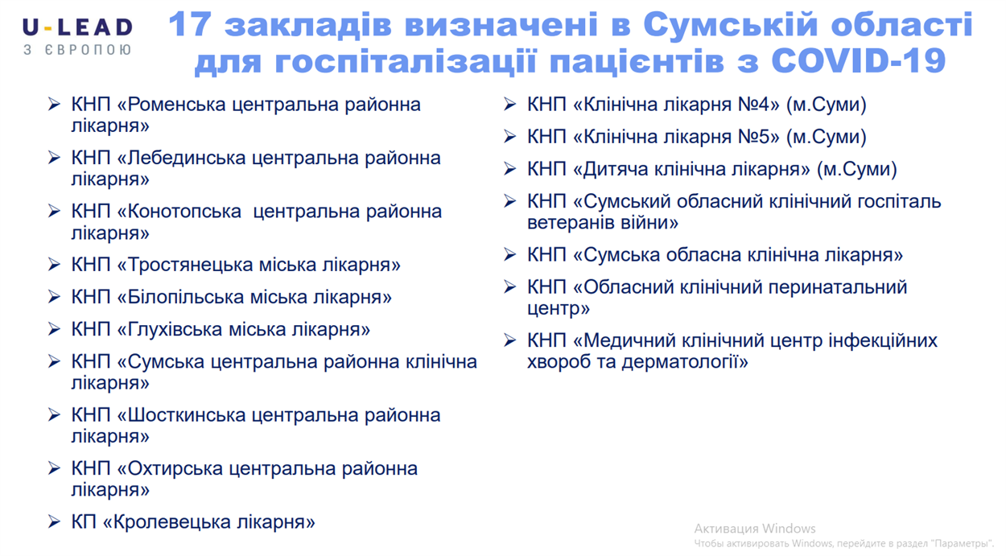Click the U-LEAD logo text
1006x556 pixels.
[x=78, y=28]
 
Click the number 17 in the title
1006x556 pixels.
[x=189, y=24]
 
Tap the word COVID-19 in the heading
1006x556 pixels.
[x=858, y=60]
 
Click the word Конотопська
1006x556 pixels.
[x=184, y=212]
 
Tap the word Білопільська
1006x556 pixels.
[x=185, y=297]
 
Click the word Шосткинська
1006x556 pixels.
[x=187, y=415]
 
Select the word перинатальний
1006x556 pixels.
[x=838, y=287]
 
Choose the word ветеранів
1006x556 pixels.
[x=569, y=223]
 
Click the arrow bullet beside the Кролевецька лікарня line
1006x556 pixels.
[x=55, y=522]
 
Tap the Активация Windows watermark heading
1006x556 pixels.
[x=755, y=529]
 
